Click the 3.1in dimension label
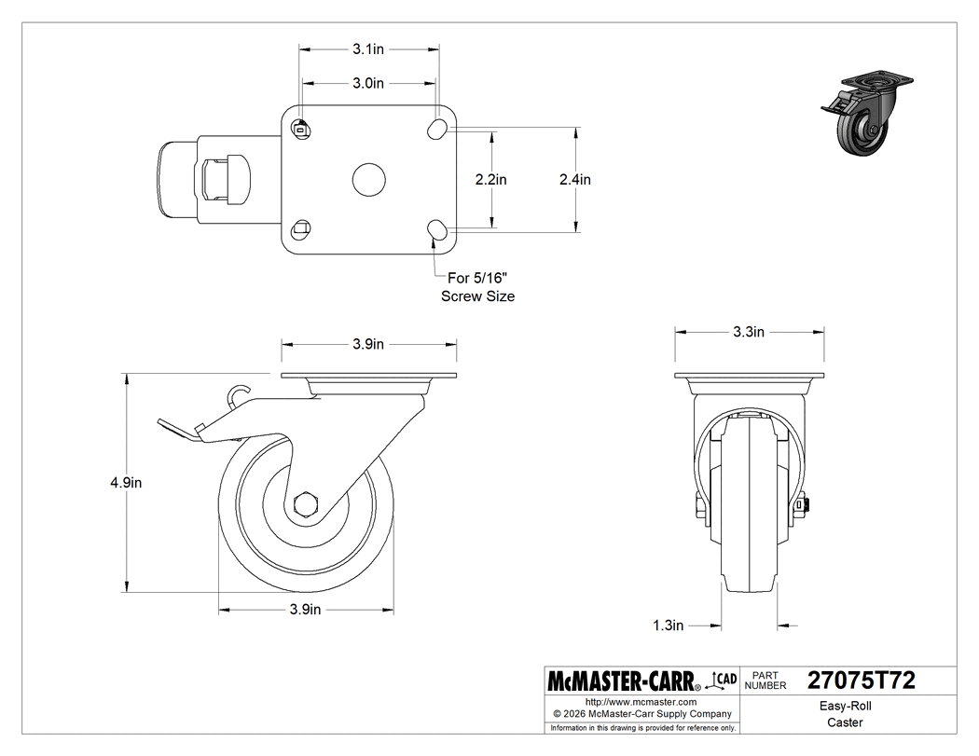click(x=368, y=46)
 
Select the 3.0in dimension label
click(x=368, y=83)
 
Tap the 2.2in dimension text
click(x=491, y=179)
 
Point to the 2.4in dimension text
click(x=575, y=179)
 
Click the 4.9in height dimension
click(x=124, y=483)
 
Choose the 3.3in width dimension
click(x=749, y=332)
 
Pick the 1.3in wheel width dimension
click(x=669, y=625)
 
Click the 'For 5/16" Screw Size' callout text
click(x=478, y=286)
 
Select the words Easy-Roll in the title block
click(x=845, y=706)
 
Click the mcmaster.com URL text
click(x=641, y=702)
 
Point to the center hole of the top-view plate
click(x=369, y=179)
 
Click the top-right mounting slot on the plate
click(x=436, y=130)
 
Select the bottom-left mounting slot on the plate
click(x=301, y=227)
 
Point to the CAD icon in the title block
click(x=724, y=680)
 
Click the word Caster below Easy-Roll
click(x=845, y=722)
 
